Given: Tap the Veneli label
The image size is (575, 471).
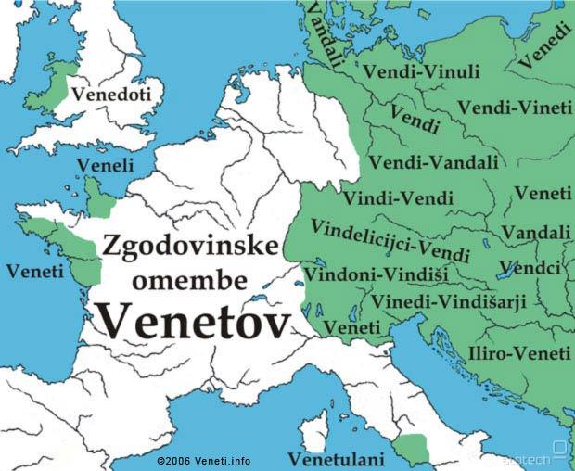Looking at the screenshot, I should (x=105, y=165).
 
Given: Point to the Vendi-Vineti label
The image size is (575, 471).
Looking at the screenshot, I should (x=516, y=108).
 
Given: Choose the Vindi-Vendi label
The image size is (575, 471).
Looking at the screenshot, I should (x=398, y=197).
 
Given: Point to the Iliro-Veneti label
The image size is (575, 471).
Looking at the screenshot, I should (x=519, y=353).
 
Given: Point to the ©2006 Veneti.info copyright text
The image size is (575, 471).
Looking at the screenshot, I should (x=203, y=460).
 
